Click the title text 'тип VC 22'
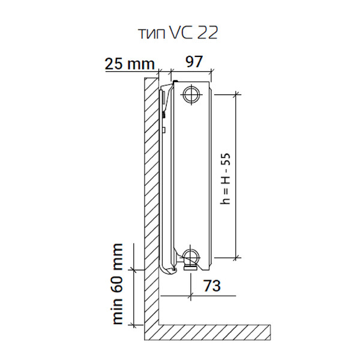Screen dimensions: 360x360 point(178,33)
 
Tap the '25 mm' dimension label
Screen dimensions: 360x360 point(130,64)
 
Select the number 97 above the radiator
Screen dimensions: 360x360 point(194,62)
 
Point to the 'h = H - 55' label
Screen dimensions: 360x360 point(225,178)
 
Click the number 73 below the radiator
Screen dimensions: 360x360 point(212,286)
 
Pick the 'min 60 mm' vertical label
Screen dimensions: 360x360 point(118,284)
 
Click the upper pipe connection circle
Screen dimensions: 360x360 point(191,94)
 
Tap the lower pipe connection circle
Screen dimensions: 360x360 point(191,257)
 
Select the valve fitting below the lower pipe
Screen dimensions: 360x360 point(190,267)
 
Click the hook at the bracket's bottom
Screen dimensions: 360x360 point(168,269)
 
